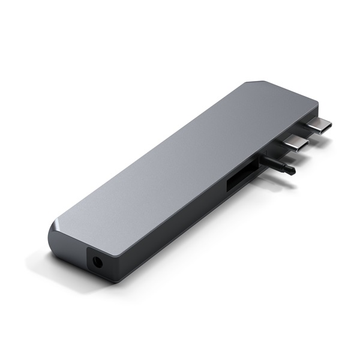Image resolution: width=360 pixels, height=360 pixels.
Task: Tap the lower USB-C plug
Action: coord(295,145)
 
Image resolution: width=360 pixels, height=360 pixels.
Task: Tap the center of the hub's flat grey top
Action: coord(180,162)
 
